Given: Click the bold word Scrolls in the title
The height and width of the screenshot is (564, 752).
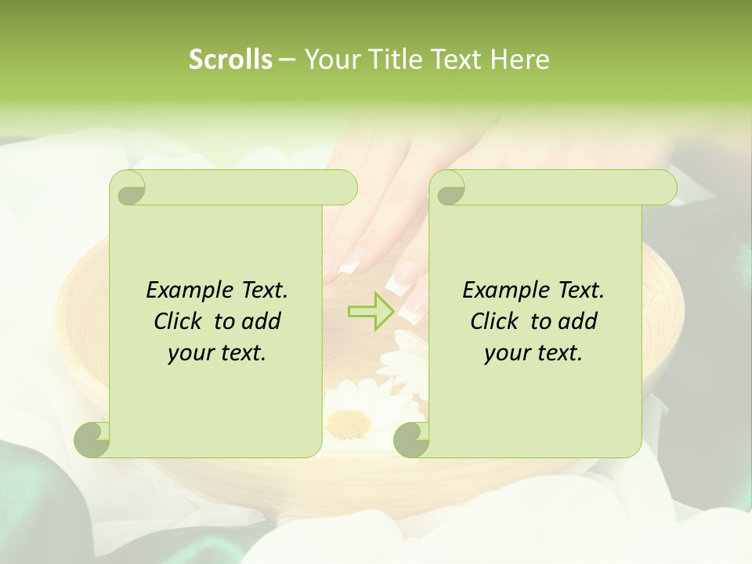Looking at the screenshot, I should [x=230, y=60].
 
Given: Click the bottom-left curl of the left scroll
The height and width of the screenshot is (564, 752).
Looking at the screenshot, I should [x=92, y=440].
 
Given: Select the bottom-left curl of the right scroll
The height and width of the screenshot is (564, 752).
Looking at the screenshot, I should [x=412, y=440].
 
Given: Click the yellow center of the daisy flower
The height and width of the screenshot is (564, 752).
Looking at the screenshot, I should [x=349, y=423].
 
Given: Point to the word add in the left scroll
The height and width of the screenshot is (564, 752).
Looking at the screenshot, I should [x=261, y=321].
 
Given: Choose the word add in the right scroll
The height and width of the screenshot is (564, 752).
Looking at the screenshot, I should [x=577, y=321].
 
